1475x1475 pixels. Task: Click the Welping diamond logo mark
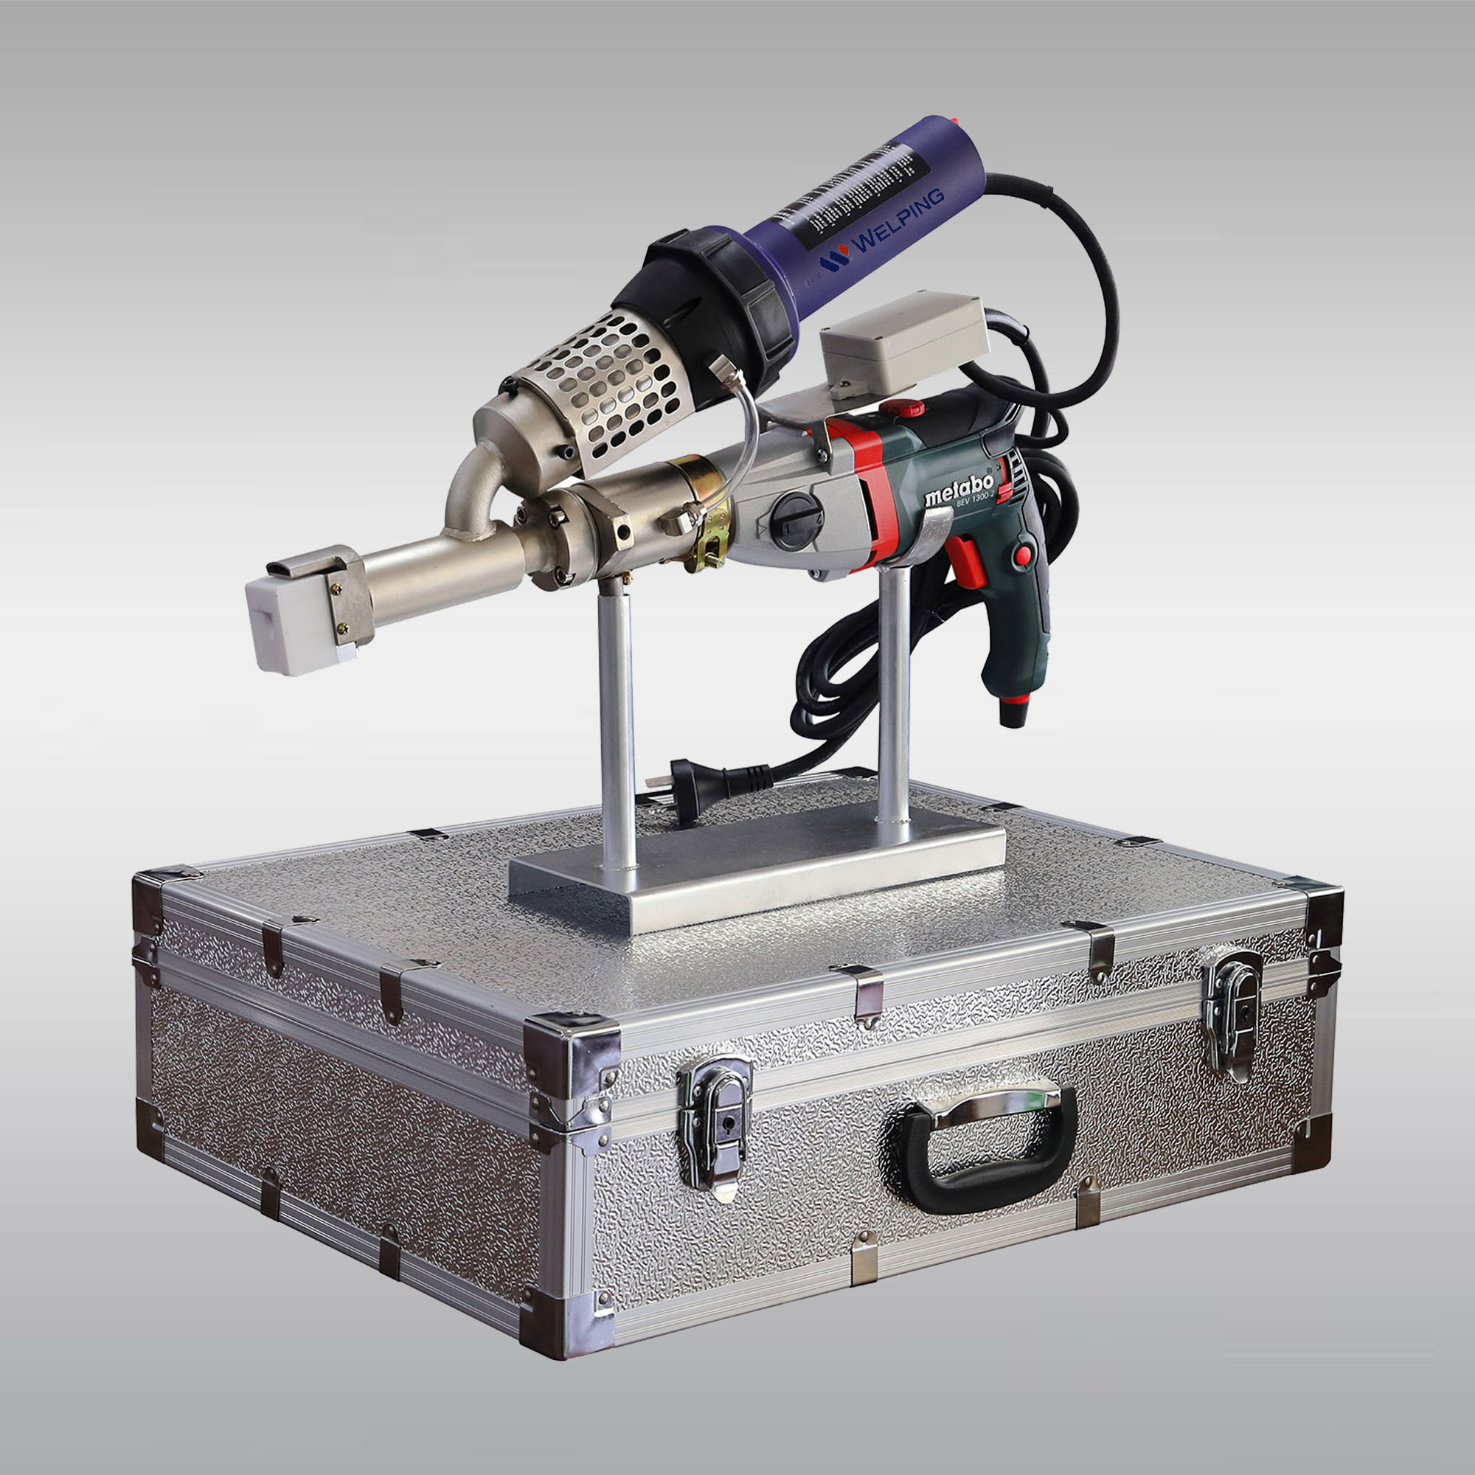point(833,260)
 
